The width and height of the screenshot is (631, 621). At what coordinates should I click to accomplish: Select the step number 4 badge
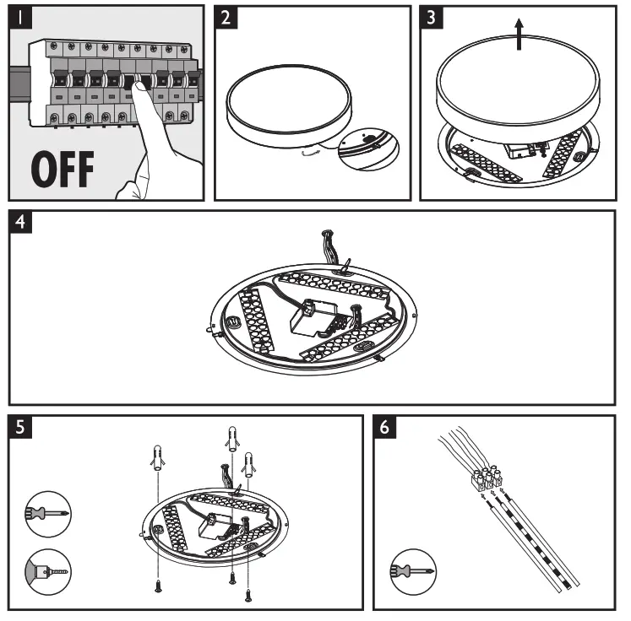[x=23, y=223]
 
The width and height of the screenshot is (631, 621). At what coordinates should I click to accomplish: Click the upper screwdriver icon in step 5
[x=47, y=512]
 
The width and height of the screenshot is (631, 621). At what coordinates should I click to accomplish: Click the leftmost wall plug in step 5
[x=156, y=460]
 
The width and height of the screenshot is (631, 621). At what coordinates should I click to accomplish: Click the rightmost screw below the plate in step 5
[x=248, y=596]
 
